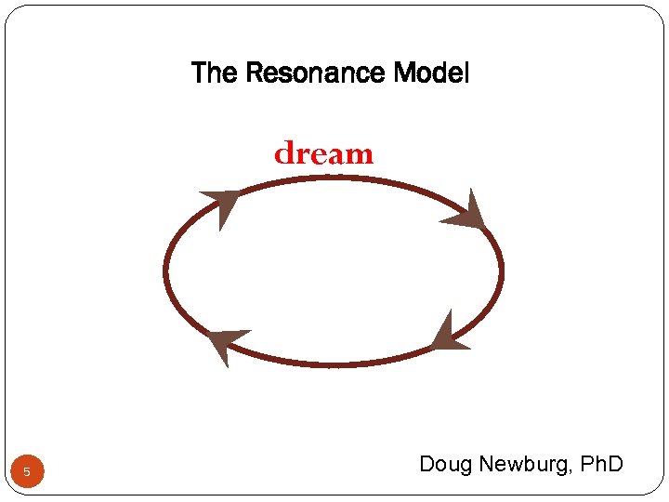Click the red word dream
[323, 152]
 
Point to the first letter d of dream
[282, 152]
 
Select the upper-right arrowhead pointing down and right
[466, 215]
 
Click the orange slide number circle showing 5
[27, 472]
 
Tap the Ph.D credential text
[601, 464]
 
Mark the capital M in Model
[402, 73]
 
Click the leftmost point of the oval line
[165, 272]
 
